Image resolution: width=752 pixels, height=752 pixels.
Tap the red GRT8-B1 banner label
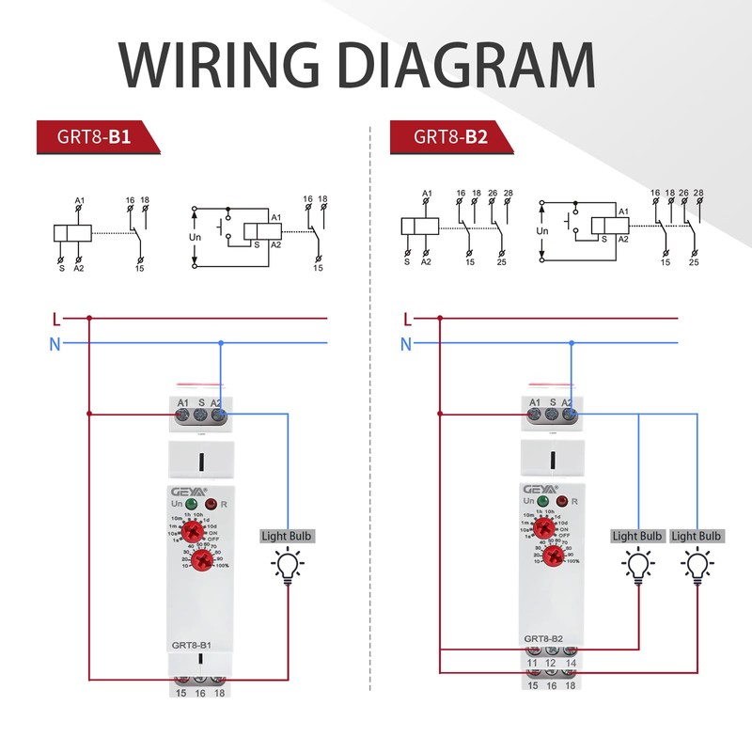(x=95, y=137)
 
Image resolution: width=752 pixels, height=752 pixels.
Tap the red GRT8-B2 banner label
(x=449, y=137)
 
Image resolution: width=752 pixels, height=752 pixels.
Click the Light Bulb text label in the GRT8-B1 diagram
(x=288, y=536)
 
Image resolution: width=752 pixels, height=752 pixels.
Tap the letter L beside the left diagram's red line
(x=56, y=319)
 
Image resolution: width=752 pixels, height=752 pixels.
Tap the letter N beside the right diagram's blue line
(x=406, y=344)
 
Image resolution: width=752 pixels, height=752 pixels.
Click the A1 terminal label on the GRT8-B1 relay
(x=183, y=402)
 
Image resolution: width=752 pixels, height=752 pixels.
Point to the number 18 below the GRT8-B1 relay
(x=220, y=693)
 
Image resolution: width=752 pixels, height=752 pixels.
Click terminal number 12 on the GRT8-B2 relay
(x=551, y=665)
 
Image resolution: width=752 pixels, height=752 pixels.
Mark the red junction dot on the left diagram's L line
(x=89, y=318)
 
